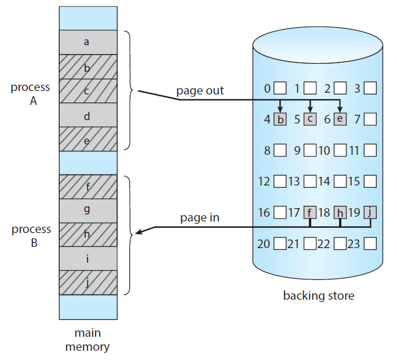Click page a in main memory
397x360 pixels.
pos(87,42)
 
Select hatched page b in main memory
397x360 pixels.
pos(87,67)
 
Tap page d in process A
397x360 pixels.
pos(87,116)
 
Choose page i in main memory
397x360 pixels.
pos(87,259)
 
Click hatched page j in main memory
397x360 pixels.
pos(87,283)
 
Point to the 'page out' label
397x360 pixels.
pos(200,91)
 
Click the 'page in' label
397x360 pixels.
pos(199,218)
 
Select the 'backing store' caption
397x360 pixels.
pos(318,296)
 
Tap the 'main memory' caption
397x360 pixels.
pos(87,340)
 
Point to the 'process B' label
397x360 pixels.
pos(31,236)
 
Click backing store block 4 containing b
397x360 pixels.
pos(281,120)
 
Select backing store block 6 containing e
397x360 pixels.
pos(340,120)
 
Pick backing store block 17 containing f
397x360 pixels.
pos(310,213)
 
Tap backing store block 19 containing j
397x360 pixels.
pos(370,213)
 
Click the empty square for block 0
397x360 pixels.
pos(281,89)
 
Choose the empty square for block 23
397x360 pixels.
pos(370,243)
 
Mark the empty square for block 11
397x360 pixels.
pos(370,151)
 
